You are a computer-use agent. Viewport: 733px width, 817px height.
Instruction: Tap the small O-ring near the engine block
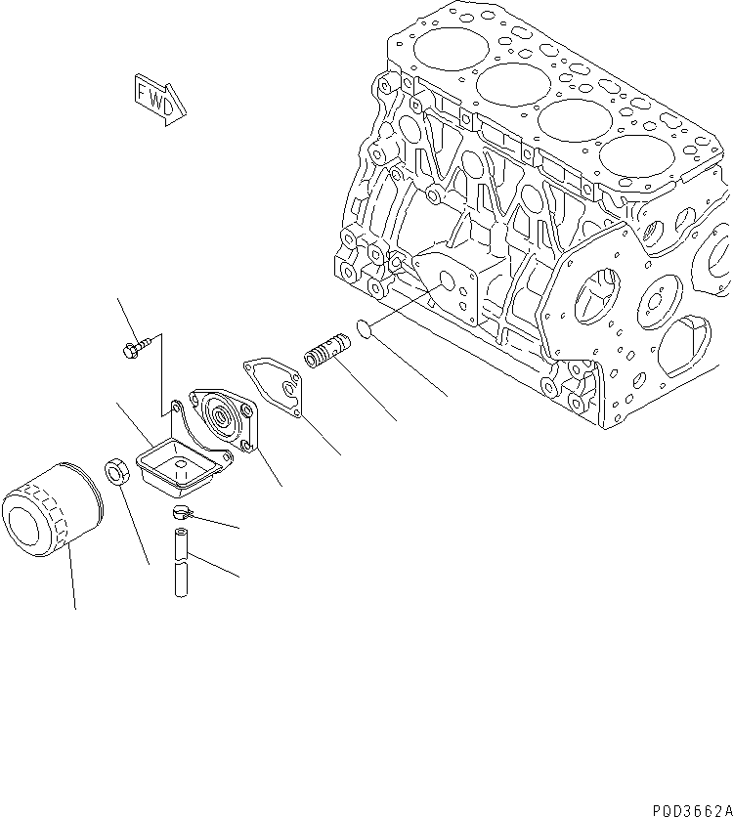tap(363, 329)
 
